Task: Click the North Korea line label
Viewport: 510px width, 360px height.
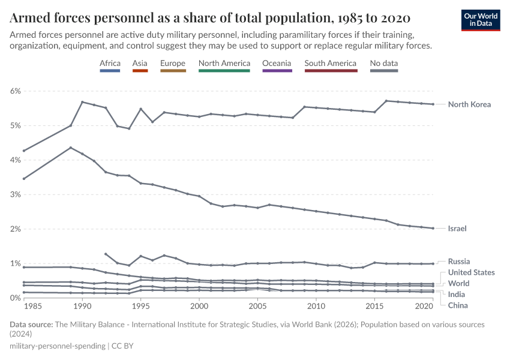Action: tap(469, 104)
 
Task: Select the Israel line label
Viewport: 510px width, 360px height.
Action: tap(457, 229)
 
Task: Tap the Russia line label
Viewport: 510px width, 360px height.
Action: tap(459, 262)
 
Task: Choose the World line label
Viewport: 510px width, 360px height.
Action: tap(459, 283)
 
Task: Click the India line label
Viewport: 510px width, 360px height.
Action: tap(457, 294)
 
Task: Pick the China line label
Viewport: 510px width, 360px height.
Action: tap(458, 305)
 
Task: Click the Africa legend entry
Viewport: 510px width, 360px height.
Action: tap(110, 64)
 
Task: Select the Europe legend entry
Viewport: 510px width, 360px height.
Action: tap(173, 64)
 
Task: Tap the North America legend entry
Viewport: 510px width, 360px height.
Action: tap(224, 64)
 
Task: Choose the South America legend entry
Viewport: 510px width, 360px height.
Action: tap(331, 64)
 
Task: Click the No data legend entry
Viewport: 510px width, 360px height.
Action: tap(384, 64)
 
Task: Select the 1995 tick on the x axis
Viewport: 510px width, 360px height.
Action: tap(140, 306)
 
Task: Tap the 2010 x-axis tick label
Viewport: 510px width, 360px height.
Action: tap(316, 306)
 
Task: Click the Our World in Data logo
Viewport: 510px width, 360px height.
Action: tap(481, 20)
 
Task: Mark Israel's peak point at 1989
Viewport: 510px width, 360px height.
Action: tap(71, 148)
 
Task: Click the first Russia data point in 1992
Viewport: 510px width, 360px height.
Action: tap(106, 254)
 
